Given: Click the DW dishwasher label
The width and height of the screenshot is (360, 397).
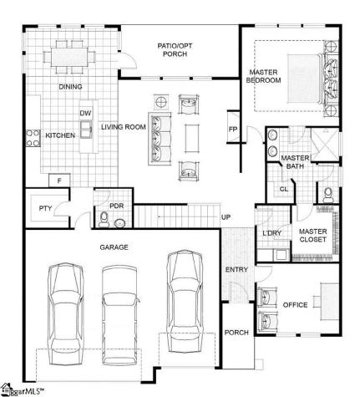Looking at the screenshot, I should coord(84,113).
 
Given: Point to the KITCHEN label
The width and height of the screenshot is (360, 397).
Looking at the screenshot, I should coord(60,135).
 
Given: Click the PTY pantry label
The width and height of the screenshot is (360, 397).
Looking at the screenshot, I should coord(44,208).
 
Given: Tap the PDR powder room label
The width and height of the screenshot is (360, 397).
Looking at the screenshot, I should coord(117,206).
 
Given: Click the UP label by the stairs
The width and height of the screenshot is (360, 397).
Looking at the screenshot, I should coord(226,218).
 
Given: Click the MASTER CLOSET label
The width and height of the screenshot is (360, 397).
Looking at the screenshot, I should coord(312,237).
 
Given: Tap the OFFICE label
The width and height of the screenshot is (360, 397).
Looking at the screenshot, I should coord(296,305).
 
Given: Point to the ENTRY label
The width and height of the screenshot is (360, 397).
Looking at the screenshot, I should coord(236,269).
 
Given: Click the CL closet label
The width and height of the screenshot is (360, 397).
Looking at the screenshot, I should coord(283,189).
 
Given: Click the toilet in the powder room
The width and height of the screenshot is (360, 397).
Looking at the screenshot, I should coord(104,220).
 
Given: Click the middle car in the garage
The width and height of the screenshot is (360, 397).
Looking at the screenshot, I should coord(117,318).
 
